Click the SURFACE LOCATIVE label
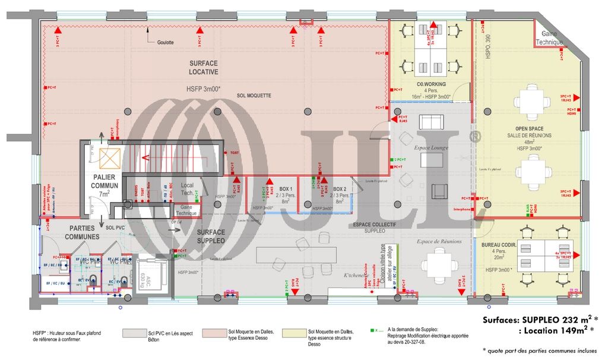click(204, 67)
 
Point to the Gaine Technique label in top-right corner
click(549, 38)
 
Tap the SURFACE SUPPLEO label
click(211, 236)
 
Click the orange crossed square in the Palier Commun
click(110, 158)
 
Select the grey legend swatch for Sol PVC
click(135, 334)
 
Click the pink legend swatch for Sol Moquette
click(214, 334)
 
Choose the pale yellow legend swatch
click(294, 334)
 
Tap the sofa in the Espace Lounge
click(432, 122)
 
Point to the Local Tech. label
click(187, 190)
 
